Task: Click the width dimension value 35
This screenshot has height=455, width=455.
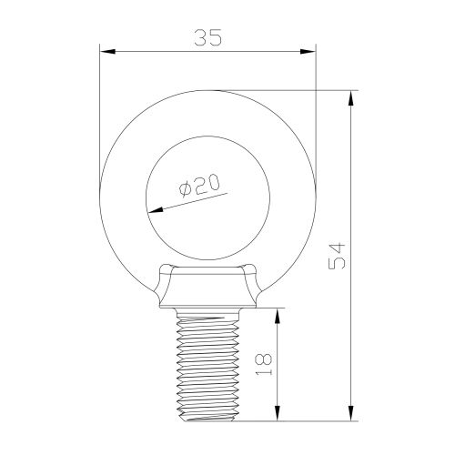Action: tap(208, 37)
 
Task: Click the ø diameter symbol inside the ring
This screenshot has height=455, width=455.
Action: tap(185, 190)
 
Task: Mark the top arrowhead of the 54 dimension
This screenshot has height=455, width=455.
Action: tap(351, 96)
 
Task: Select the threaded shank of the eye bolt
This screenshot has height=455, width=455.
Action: tap(207, 364)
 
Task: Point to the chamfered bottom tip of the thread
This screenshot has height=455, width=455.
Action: tap(207, 418)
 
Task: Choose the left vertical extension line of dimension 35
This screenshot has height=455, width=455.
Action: tap(99, 109)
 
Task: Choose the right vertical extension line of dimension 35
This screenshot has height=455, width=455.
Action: tap(316, 109)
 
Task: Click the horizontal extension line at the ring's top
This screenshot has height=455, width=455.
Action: tap(291, 89)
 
